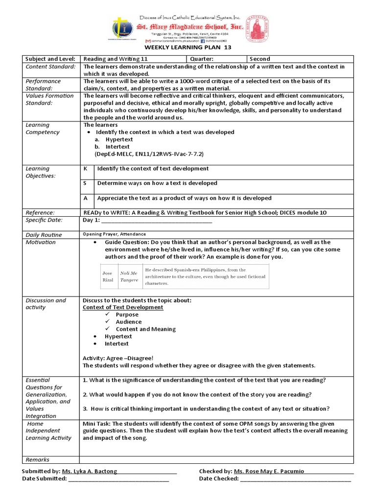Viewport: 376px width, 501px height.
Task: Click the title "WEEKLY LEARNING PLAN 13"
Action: [187, 47]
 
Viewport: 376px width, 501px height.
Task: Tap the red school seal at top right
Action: [257, 27]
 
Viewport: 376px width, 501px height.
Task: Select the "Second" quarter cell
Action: [259, 59]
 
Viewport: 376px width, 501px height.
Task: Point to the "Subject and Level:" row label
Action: [48, 59]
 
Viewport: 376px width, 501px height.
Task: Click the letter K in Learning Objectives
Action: [85, 169]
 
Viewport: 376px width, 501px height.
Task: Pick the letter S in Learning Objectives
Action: [85, 183]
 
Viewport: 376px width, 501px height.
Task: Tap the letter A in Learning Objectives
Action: [85, 198]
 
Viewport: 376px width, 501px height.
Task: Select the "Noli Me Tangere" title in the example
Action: [129, 276]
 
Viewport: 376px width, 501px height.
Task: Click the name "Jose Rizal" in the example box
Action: [107, 276]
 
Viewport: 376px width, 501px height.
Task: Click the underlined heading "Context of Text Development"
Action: [123, 307]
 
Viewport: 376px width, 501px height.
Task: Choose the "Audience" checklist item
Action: [128, 322]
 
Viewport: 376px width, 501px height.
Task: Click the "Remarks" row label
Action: [38, 459]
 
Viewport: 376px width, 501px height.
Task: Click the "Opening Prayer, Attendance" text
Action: [114, 234]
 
